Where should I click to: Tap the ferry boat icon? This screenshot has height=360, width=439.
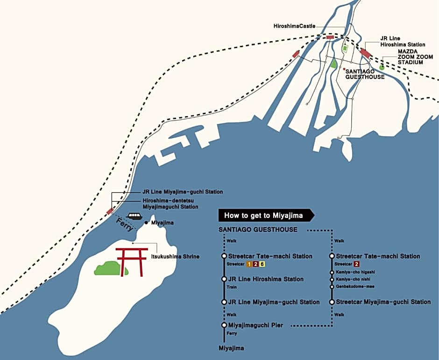click(x=134, y=216)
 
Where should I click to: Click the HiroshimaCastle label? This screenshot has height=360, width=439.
click(x=295, y=26)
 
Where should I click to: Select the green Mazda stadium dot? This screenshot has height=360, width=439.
click(x=382, y=67)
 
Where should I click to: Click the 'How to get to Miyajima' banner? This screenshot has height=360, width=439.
click(x=266, y=216)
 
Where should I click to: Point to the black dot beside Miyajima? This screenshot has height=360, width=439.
click(x=146, y=223)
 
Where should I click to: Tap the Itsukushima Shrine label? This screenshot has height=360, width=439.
click(x=175, y=257)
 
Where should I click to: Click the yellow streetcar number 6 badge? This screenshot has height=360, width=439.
click(x=262, y=264)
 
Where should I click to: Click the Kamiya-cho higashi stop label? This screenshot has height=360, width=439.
click(x=355, y=272)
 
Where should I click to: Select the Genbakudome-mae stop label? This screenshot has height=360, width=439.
click(x=355, y=287)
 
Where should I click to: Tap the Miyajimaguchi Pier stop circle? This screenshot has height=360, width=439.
click(x=224, y=325)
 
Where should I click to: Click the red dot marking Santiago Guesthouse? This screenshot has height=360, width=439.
click(x=344, y=69)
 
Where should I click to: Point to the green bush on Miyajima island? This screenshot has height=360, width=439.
click(x=110, y=268)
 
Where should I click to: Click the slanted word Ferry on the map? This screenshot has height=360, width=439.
click(x=125, y=225)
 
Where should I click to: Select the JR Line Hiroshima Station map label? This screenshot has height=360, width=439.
click(x=403, y=42)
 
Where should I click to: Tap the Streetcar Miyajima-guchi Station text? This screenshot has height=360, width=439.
click(x=383, y=302)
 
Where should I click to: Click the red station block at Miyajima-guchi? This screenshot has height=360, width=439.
click(x=110, y=211)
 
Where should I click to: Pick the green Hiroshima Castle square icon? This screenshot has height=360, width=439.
click(x=345, y=49)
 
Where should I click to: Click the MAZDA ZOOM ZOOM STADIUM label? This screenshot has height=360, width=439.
click(x=416, y=57)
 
